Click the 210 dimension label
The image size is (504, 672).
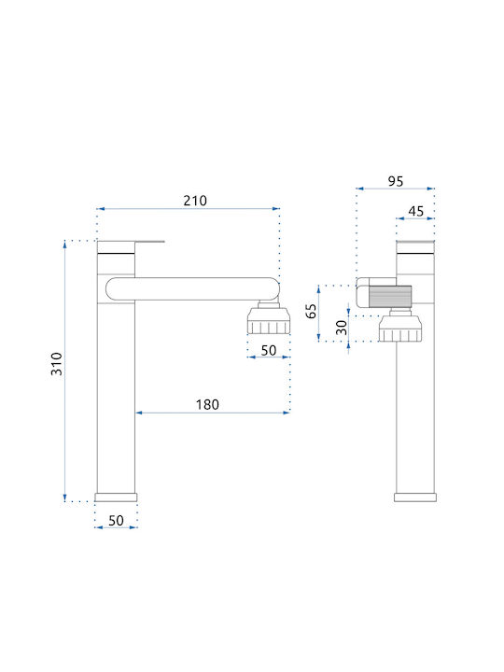[x=195, y=201]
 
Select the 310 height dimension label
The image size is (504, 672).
[x=57, y=364]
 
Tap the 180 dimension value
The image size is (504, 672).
[x=207, y=404]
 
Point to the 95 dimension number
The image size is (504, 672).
[x=396, y=181]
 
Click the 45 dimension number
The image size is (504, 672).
[x=415, y=211]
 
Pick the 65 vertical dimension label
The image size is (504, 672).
[x=312, y=311]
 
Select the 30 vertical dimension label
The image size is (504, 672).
[x=342, y=328]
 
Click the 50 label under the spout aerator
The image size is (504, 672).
[x=269, y=350]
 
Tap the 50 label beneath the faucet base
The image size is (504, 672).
[x=116, y=521]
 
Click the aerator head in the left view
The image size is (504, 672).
[x=269, y=318]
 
